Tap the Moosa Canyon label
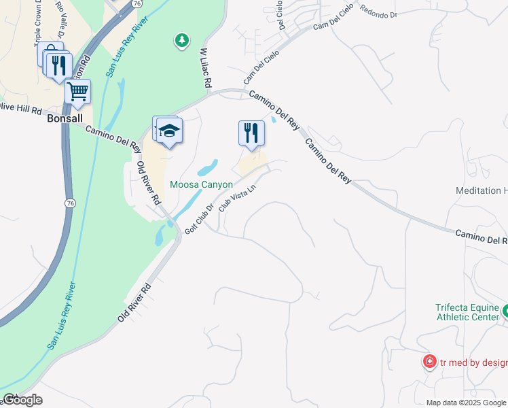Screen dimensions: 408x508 pyautogui.click(x=202, y=184)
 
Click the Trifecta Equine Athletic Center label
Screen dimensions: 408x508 pyautogui.click(x=467, y=311)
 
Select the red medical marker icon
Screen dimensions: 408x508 pyautogui.click(x=429, y=361)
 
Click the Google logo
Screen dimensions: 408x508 pyautogui.click(x=22, y=400)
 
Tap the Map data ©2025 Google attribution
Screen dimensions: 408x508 pyautogui.click(x=467, y=403)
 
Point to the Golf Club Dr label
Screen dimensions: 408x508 pyautogui.click(x=199, y=218)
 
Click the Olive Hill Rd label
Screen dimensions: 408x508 pyautogui.click(x=20, y=109)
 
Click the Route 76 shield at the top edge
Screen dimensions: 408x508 pyautogui.click(x=137, y=3)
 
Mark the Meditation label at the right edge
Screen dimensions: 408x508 pyautogui.click(x=482, y=191)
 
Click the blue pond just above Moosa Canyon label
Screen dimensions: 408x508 pyautogui.click(x=208, y=167)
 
